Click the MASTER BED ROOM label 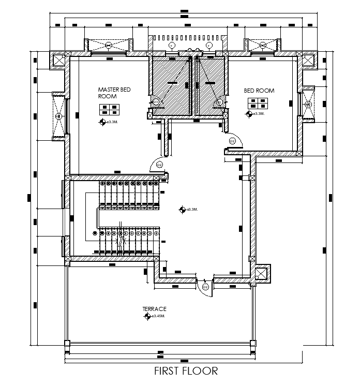[x=114, y=93]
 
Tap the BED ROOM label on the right [x=259, y=91]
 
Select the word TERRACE [x=155, y=309]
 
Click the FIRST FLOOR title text [x=186, y=371]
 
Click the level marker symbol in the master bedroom [x=102, y=122]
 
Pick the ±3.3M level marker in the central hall [x=183, y=210]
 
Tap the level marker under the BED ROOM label [x=250, y=113]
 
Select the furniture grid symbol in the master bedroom [x=110, y=109]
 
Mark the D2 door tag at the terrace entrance [x=205, y=286]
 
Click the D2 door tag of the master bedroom [x=159, y=165]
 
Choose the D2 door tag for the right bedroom [x=232, y=141]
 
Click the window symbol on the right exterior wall [x=308, y=105]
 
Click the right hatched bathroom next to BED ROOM [x=211, y=85]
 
